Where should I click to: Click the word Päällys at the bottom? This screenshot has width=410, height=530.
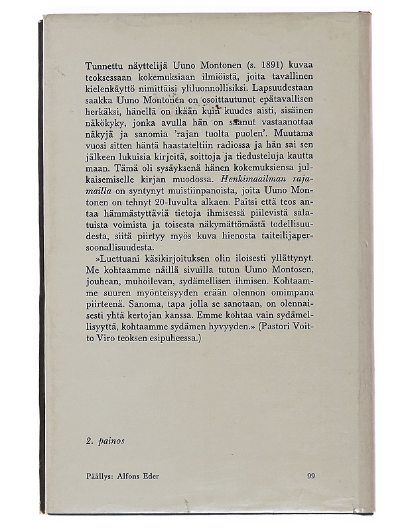click(x=102, y=476)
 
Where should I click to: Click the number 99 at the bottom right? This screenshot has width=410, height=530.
click(x=312, y=476)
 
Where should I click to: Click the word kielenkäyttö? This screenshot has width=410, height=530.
click(x=111, y=86)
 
